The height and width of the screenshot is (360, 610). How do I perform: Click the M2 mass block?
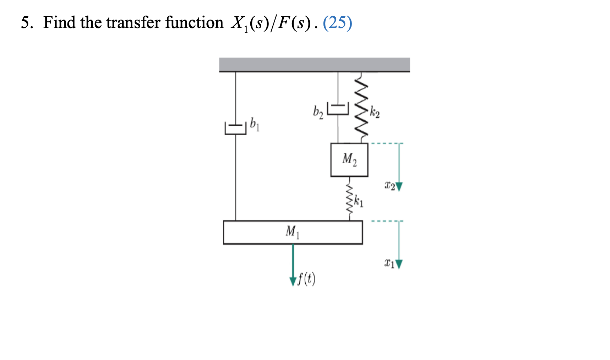click(349, 160)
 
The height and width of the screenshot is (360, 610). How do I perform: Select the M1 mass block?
click(293, 232)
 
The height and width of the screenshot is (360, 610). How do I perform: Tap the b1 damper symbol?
click(235, 129)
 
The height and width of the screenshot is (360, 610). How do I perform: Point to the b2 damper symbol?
click(338, 109)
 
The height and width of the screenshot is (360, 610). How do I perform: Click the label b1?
click(255, 124)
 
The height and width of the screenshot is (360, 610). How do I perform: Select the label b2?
click(318, 112)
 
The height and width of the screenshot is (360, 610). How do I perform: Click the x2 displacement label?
click(390, 185)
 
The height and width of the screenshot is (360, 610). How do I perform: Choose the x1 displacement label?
click(389, 263)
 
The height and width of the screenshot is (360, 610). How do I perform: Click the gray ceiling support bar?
click(314, 64)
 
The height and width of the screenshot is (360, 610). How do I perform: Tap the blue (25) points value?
click(337, 23)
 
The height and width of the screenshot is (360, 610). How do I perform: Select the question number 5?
click(26, 23)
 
